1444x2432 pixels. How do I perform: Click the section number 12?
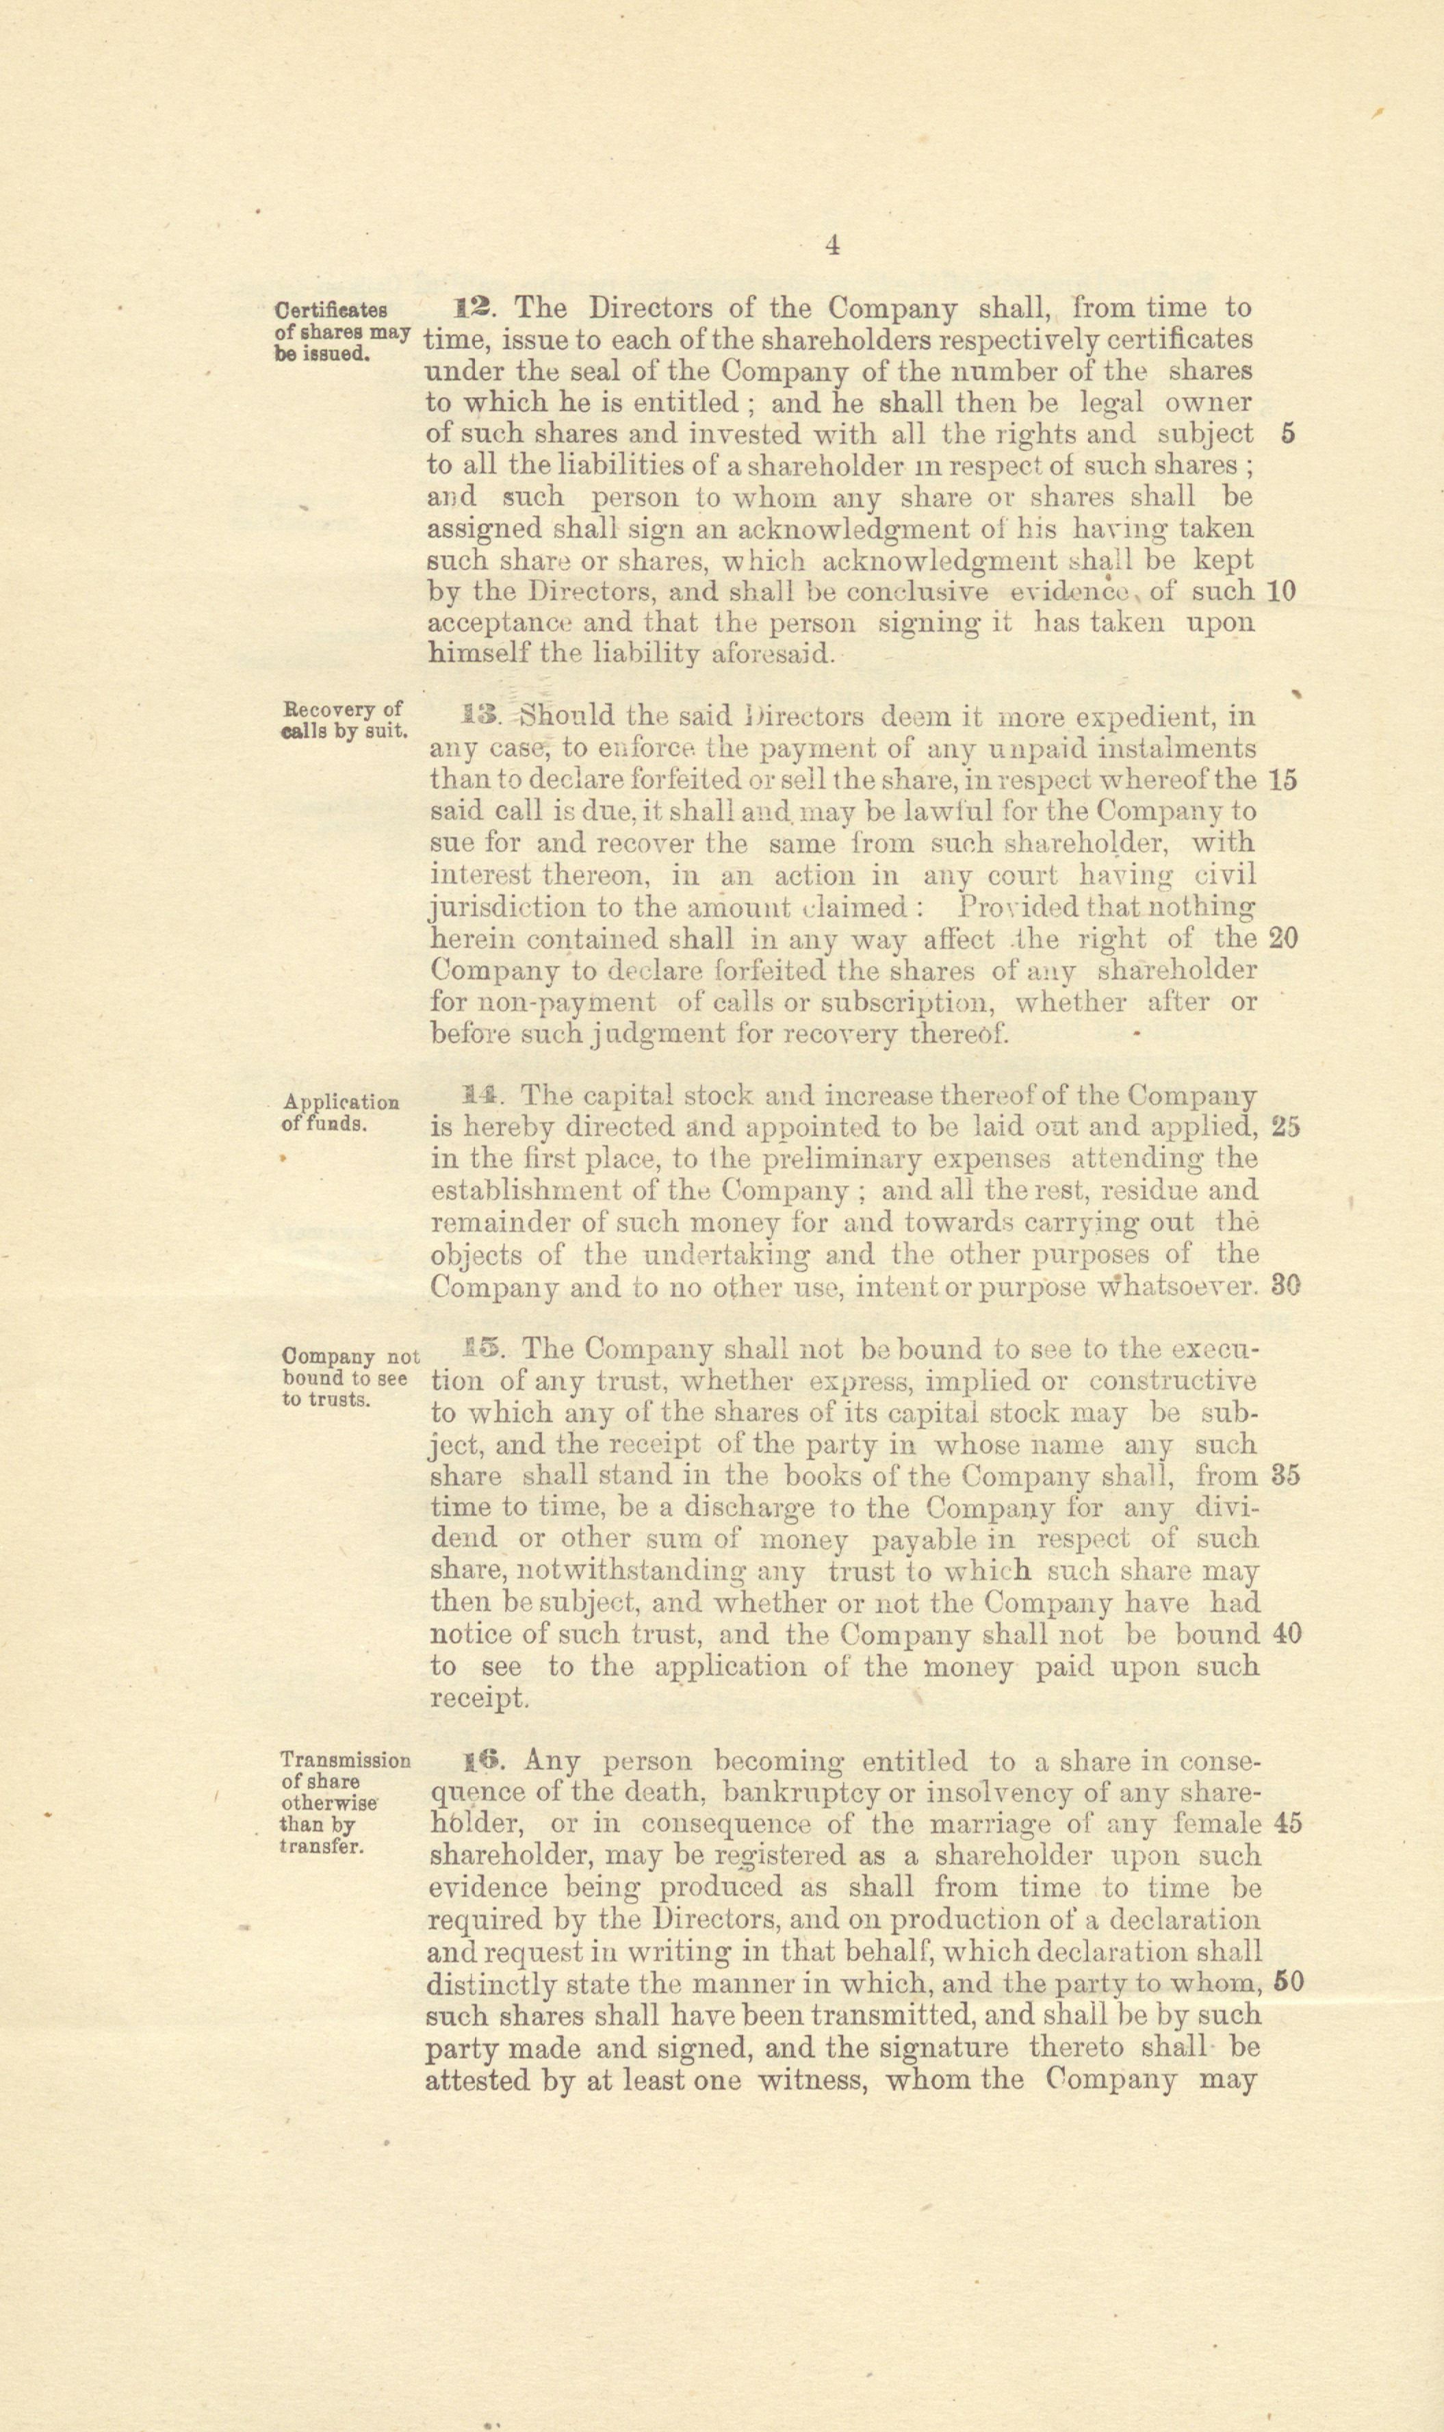click(476, 309)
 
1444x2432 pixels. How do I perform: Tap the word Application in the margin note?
click(341, 1103)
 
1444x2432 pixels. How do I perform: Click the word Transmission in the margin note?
click(344, 1760)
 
